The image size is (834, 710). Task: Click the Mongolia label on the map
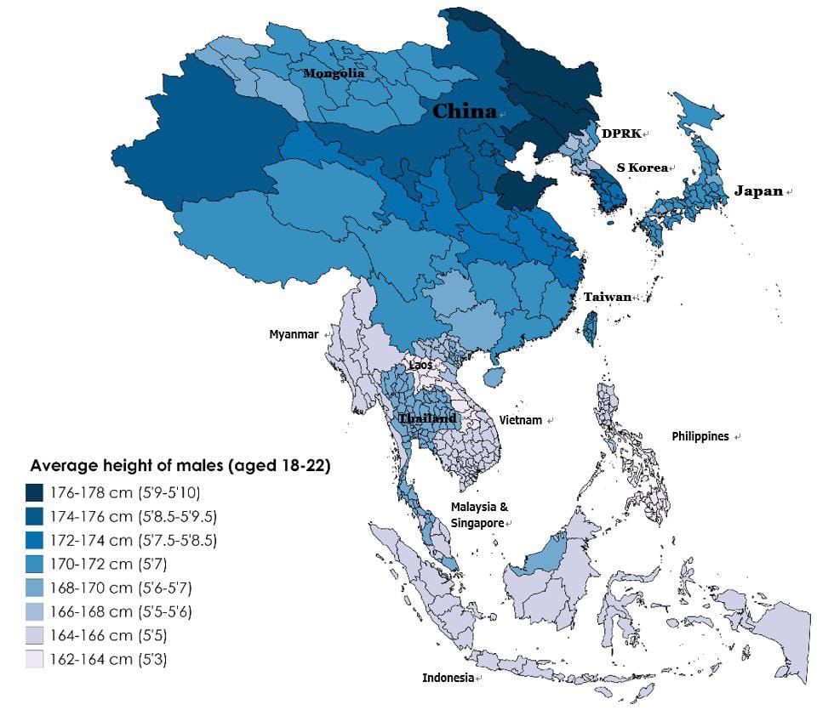[334, 74]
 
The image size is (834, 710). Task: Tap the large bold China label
[464, 111]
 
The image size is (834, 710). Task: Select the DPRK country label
[621, 133]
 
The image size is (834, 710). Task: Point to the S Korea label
[642, 168]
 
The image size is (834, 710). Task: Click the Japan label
[758, 191]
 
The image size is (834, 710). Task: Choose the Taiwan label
[607, 297]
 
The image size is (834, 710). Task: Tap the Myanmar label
[294, 334]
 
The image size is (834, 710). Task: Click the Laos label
[420, 365]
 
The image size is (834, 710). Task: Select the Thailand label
[427, 419]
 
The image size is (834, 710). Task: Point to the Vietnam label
[521, 420]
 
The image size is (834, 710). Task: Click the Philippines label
[700, 436]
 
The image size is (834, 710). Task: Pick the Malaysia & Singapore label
[479, 514]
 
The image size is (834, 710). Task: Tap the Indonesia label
[448, 678]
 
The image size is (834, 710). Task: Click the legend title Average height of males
[180, 466]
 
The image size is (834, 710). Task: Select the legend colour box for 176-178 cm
[35, 492]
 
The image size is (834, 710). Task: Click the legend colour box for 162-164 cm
[35, 659]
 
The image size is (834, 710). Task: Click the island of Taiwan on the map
[589, 327]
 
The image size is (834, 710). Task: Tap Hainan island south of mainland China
[491, 375]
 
